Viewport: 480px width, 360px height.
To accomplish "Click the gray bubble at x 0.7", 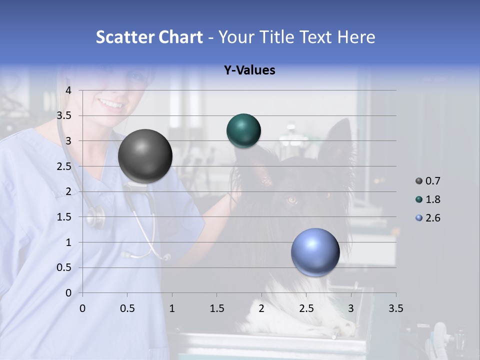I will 145,156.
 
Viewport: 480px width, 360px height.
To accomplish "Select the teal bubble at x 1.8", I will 243,131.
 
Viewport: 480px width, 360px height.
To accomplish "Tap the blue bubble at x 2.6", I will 315,252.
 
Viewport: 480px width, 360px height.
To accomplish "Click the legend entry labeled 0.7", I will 432,181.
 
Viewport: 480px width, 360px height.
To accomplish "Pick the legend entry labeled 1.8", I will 432,199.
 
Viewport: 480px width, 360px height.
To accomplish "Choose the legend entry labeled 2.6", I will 432,218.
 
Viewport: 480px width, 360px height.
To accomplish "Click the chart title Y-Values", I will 249,70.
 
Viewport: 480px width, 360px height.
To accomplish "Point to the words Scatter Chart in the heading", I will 149,37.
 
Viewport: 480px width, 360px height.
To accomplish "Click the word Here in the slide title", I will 355,37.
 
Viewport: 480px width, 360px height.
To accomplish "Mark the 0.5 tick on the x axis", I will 127,308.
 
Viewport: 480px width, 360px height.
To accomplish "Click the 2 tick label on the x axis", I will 261,308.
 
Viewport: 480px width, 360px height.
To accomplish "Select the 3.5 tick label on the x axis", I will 395,308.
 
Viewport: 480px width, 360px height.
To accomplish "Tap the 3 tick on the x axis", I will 351,308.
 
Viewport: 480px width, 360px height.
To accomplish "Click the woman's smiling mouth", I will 111,104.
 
